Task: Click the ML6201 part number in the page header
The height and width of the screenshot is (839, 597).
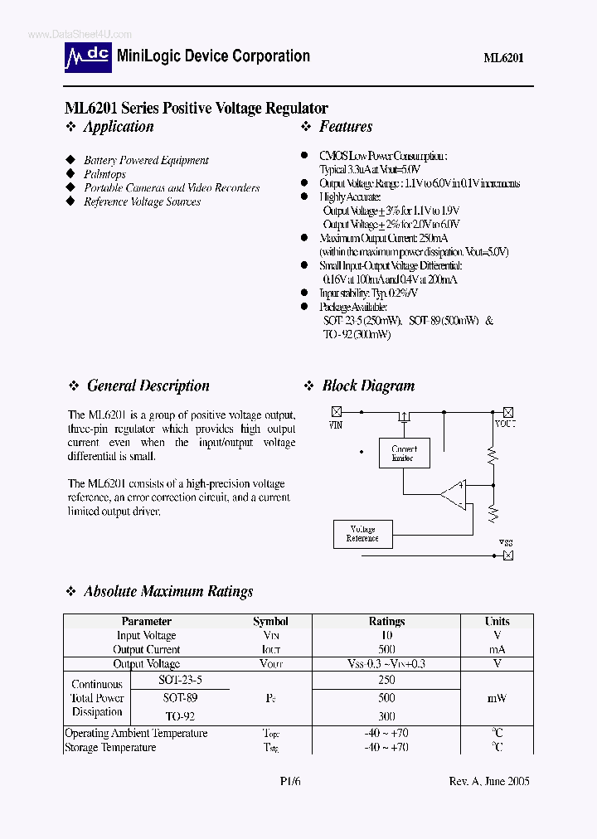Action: tap(503, 58)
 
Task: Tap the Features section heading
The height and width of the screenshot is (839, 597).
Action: tap(346, 127)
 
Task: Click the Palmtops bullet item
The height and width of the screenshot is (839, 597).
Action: tap(104, 174)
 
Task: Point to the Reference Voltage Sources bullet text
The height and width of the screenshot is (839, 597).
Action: tap(142, 201)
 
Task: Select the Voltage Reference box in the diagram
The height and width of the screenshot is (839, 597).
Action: tap(362, 533)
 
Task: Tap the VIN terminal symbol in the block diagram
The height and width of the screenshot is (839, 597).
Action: tap(336, 411)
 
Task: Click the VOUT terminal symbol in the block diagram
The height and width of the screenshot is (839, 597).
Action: tap(507, 411)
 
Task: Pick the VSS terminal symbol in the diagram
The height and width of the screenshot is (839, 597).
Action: tap(507, 555)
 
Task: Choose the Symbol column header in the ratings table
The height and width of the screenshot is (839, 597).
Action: tap(270, 621)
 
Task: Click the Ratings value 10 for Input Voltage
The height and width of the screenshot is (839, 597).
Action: tap(386, 635)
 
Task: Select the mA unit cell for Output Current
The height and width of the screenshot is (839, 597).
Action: tap(497, 649)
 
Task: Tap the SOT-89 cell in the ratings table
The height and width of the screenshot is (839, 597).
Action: tap(180, 697)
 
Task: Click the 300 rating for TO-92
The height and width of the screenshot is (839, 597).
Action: tap(386, 715)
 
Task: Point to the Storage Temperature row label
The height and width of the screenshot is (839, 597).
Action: tap(110, 747)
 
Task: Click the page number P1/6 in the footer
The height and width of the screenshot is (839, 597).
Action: tap(289, 781)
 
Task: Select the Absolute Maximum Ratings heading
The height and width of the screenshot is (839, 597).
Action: tap(168, 592)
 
